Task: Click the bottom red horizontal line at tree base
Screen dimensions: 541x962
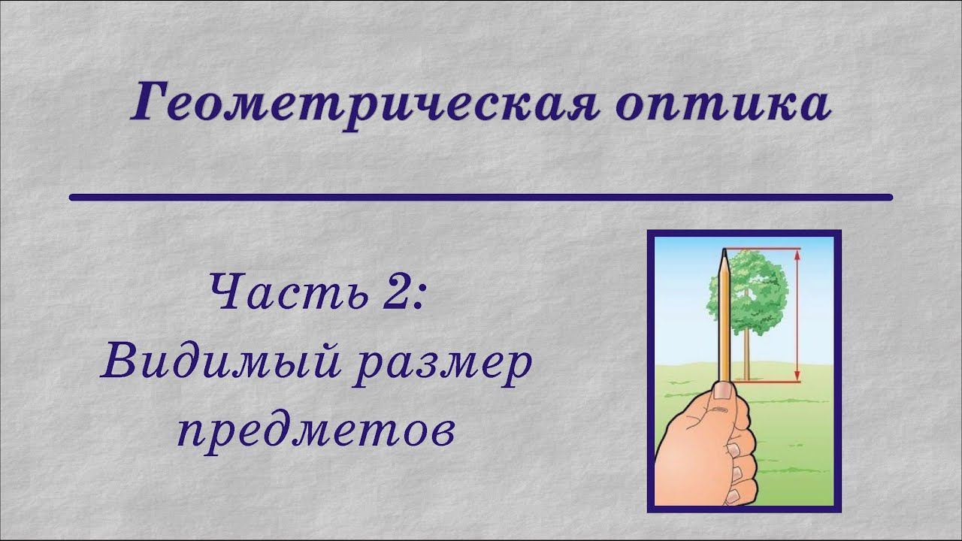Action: click(767, 382)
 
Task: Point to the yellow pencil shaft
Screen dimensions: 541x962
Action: click(724, 323)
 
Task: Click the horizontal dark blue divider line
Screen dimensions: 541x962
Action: click(481, 198)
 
